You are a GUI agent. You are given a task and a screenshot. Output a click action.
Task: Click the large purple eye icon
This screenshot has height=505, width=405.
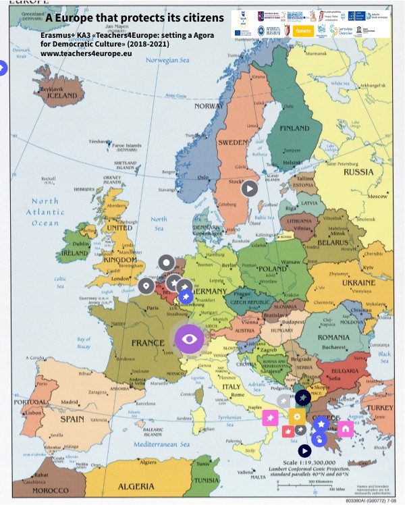pyautogui.click(x=189, y=338)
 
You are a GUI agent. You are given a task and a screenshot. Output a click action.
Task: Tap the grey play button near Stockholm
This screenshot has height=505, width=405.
pyautogui.click(x=250, y=188)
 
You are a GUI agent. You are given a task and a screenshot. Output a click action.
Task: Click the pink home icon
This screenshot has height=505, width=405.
pyautogui.click(x=346, y=428)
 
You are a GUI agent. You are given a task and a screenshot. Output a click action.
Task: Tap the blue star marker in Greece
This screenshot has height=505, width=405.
pyautogui.click(x=321, y=423)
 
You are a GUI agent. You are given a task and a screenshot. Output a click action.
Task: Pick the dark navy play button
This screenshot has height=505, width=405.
pyautogui.click(x=304, y=450)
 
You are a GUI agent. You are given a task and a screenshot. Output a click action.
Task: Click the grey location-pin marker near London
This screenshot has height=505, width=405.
pyautogui.click(x=144, y=287)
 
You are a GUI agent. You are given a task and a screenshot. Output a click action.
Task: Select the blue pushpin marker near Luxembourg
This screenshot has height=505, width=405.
pyautogui.click(x=186, y=296)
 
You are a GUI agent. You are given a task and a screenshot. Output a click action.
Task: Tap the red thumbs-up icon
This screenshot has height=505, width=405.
pyautogui.click(x=287, y=431)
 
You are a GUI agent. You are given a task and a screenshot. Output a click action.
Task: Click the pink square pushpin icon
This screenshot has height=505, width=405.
pyautogui.click(x=270, y=418)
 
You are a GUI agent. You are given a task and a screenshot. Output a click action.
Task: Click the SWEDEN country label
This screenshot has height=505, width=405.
pyautogui.click(x=233, y=143)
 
